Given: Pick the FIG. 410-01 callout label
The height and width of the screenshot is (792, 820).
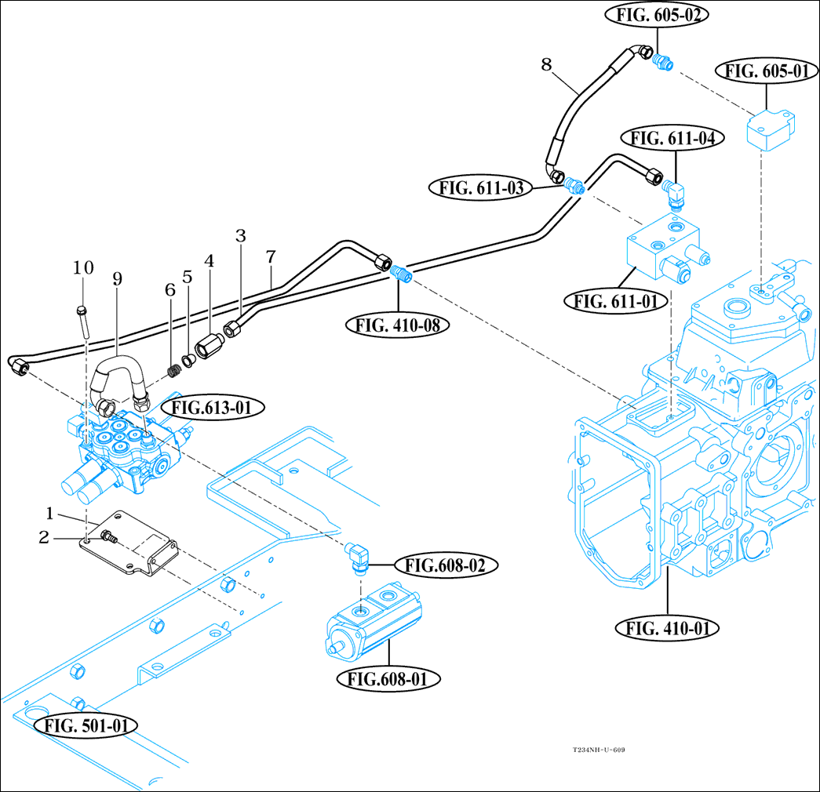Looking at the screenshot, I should pyautogui.click(x=668, y=627).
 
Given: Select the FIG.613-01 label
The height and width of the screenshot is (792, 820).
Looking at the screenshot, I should pyautogui.click(x=213, y=407).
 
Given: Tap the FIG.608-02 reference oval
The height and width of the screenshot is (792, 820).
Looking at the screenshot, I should pyautogui.click(x=440, y=564).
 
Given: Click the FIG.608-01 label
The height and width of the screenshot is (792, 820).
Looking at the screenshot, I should pyautogui.click(x=388, y=678).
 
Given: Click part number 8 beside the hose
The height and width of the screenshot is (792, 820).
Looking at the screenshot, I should pyautogui.click(x=547, y=64).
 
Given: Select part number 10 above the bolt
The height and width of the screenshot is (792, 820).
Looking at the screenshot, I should pyautogui.click(x=83, y=267).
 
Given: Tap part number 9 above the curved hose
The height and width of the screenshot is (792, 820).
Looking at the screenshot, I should pyautogui.click(x=118, y=278).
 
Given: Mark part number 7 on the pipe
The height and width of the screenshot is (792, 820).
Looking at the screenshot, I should pyautogui.click(x=271, y=256).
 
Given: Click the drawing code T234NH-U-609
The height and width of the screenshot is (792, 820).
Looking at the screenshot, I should pyautogui.click(x=598, y=750).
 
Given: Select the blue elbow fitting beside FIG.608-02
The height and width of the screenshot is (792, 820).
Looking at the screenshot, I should pyautogui.click(x=358, y=558).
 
